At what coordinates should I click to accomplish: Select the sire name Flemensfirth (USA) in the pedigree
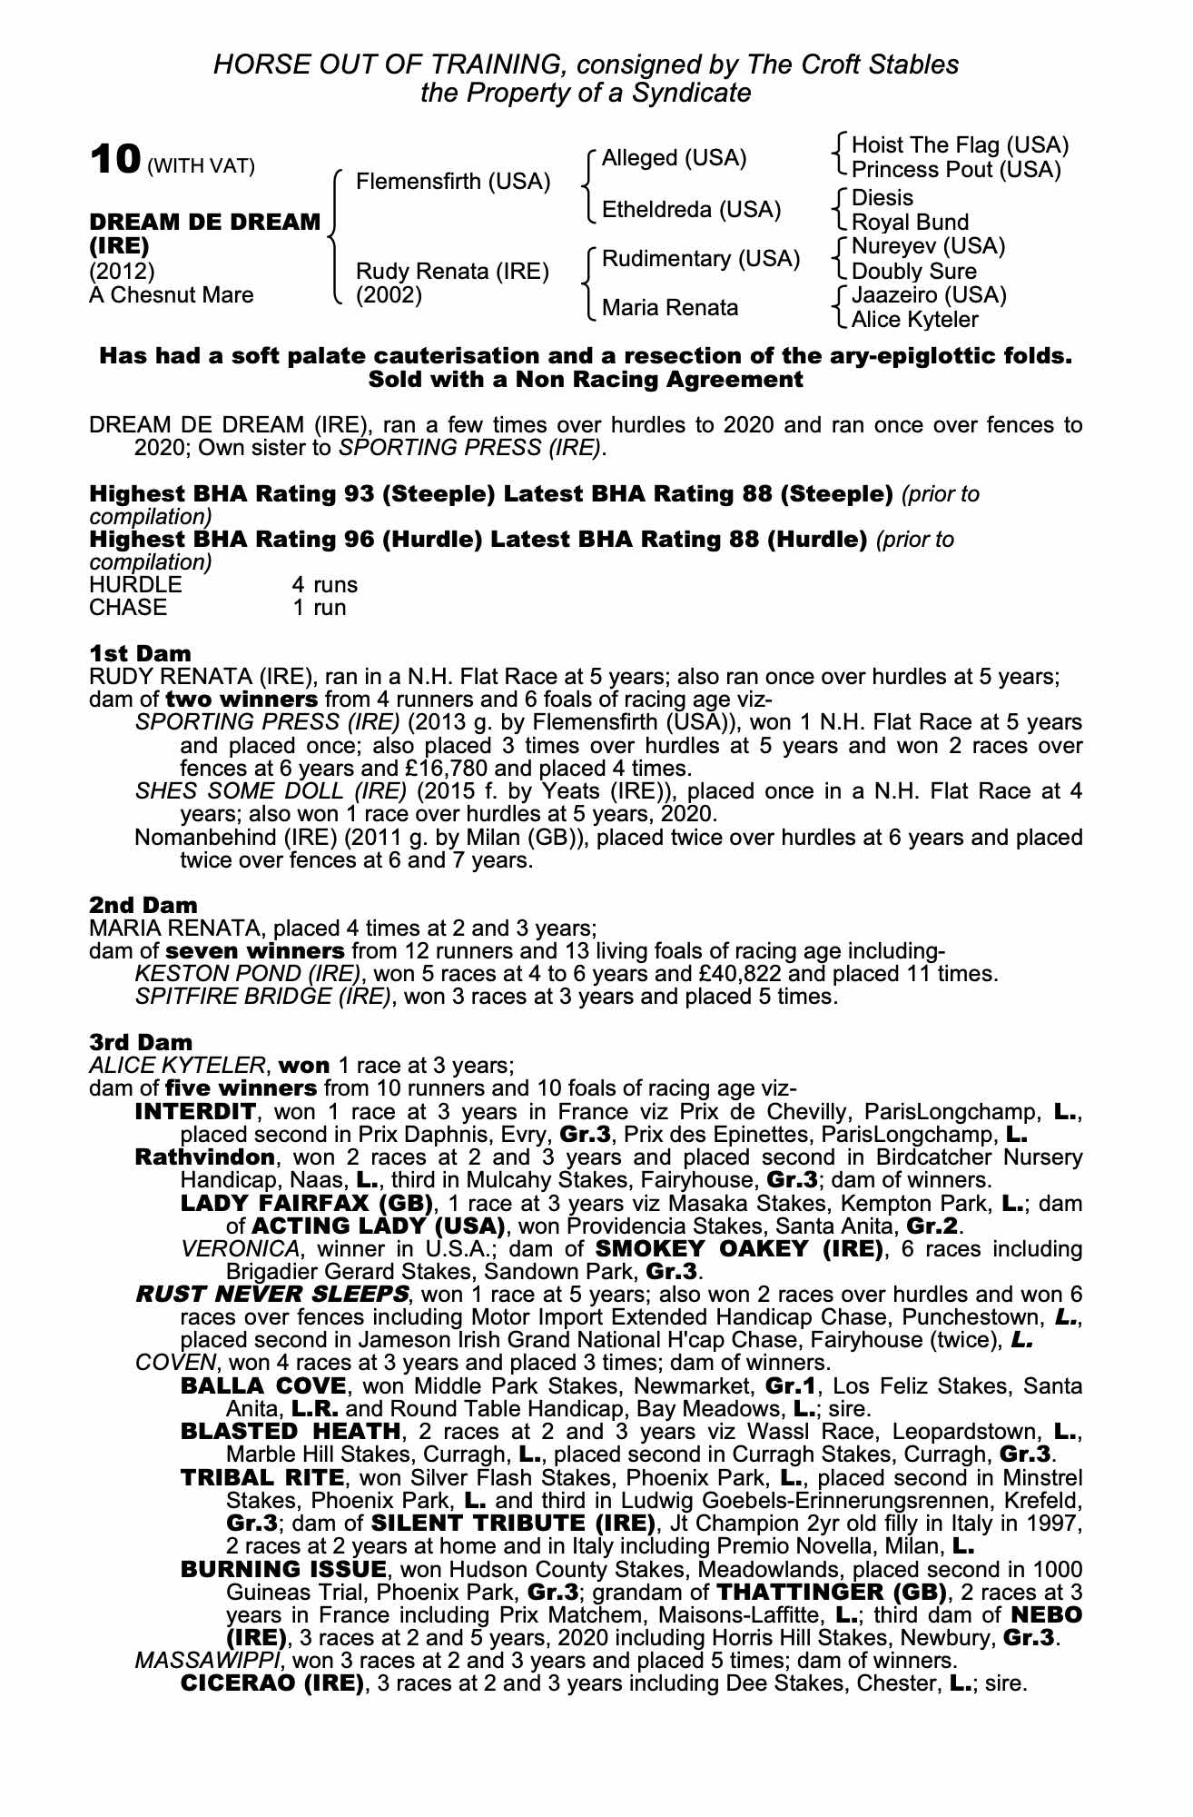(x=453, y=182)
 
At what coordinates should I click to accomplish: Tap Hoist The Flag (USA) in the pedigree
(x=960, y=145)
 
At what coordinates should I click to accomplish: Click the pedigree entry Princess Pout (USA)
(x=956, y=170)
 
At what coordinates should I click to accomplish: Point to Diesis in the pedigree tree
(x=882, y=198)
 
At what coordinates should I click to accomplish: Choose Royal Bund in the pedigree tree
(x=910, y=223)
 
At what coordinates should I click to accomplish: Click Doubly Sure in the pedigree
(x=913, y=271)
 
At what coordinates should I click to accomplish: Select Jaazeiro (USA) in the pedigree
(x=929, y=295)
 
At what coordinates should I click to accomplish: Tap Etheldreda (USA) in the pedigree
(x=691, y=210)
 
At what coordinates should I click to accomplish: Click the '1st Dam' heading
(x=141, y=654)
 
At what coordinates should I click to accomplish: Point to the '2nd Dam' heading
(x=143, y=906)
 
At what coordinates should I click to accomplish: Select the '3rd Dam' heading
(x=141, y=1042)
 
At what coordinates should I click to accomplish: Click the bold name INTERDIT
(x=195, y=1111)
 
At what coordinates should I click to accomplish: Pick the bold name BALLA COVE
(x=263, y=1386)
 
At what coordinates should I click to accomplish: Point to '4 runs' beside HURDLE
(x=324, y=585)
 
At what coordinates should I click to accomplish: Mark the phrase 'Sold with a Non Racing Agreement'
(x=586, y=380)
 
